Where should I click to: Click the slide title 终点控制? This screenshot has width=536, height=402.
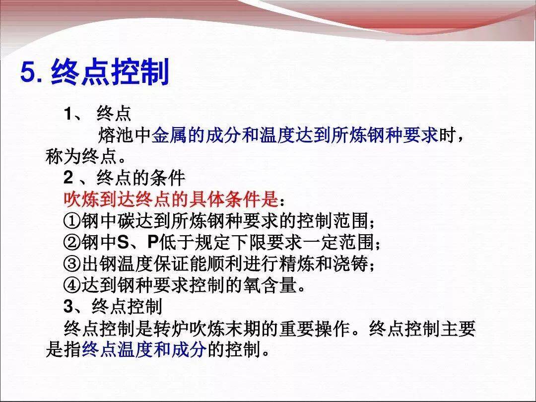point(110,72)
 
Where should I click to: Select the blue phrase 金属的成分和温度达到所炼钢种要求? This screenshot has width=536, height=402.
point(295,135)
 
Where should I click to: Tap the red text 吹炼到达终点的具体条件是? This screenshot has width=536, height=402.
point(171,200)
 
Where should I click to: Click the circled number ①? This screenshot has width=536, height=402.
point(72,221)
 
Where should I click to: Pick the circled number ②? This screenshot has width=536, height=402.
point(72,242)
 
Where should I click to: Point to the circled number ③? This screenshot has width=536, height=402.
point(72,264)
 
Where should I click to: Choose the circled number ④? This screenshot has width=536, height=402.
point(72,285)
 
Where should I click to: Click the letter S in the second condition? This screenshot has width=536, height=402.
point(123,242)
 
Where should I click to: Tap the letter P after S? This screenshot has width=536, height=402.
point(153,242)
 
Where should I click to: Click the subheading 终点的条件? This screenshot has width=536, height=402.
point(141,177)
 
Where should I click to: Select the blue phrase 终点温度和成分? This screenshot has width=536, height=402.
point(144,349)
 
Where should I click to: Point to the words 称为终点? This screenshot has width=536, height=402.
point(81,156)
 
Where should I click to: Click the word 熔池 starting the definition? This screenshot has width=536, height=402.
point(116,135)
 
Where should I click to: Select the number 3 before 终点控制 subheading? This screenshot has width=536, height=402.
point(68,307)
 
